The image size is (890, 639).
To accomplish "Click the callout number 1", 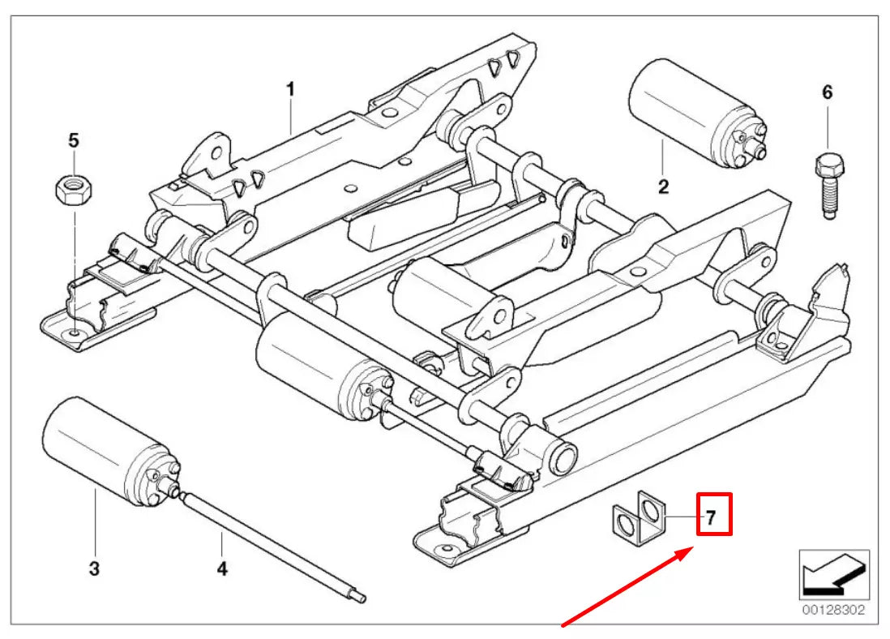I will pyautogui.click(x=290, y=90).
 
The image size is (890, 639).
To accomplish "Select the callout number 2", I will pyautogui.click(x=663, y=187).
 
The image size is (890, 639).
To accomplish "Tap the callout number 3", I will pyautogui.click(x=95, y=568).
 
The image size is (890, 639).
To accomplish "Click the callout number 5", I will pyautogui.click(x=74, y=140).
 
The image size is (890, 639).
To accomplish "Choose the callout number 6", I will pyautogui.click(x=827, y=92).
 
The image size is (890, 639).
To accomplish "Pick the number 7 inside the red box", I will pyautogui.click(x=711, y=517).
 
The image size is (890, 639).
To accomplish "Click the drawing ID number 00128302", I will pyautogui.click(x=833, y=609).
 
